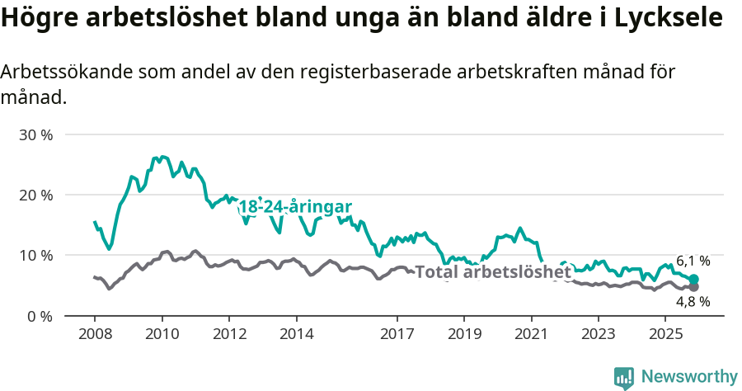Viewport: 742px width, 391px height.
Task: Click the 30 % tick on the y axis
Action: point(35,134)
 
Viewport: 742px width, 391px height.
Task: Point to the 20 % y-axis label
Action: point(35,195)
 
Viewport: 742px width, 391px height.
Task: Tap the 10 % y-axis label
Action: point(35,256)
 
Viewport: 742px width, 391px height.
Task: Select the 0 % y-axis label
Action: point(39,316)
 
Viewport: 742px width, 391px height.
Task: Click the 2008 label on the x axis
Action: point(95,334)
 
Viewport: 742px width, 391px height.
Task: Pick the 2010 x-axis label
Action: point(162,334)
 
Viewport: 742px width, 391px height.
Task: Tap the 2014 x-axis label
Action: point(296,334)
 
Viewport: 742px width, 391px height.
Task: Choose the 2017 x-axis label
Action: point(397,334)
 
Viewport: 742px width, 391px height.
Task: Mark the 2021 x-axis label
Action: point(531,334)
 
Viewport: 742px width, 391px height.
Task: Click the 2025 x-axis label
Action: point(665,334)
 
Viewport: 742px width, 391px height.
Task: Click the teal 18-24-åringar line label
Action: point(295,208)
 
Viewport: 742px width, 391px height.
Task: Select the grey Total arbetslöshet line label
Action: point(492,271)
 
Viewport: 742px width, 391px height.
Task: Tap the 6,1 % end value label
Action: point(693,261)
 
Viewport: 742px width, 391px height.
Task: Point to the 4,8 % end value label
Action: point(693,302)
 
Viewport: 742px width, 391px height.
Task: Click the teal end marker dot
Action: point(694,280)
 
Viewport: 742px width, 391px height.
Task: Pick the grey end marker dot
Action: point(694,287)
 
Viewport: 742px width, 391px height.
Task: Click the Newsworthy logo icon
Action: point(624,377)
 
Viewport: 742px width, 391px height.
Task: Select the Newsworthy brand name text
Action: point(688,377)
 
